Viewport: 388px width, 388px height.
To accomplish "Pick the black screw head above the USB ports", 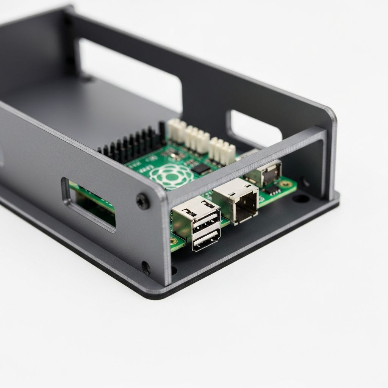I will (x=143, y=201).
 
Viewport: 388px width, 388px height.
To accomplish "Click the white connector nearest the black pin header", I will (x=177, y=131).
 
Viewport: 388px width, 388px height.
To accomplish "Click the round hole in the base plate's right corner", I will (x=302, y=198).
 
